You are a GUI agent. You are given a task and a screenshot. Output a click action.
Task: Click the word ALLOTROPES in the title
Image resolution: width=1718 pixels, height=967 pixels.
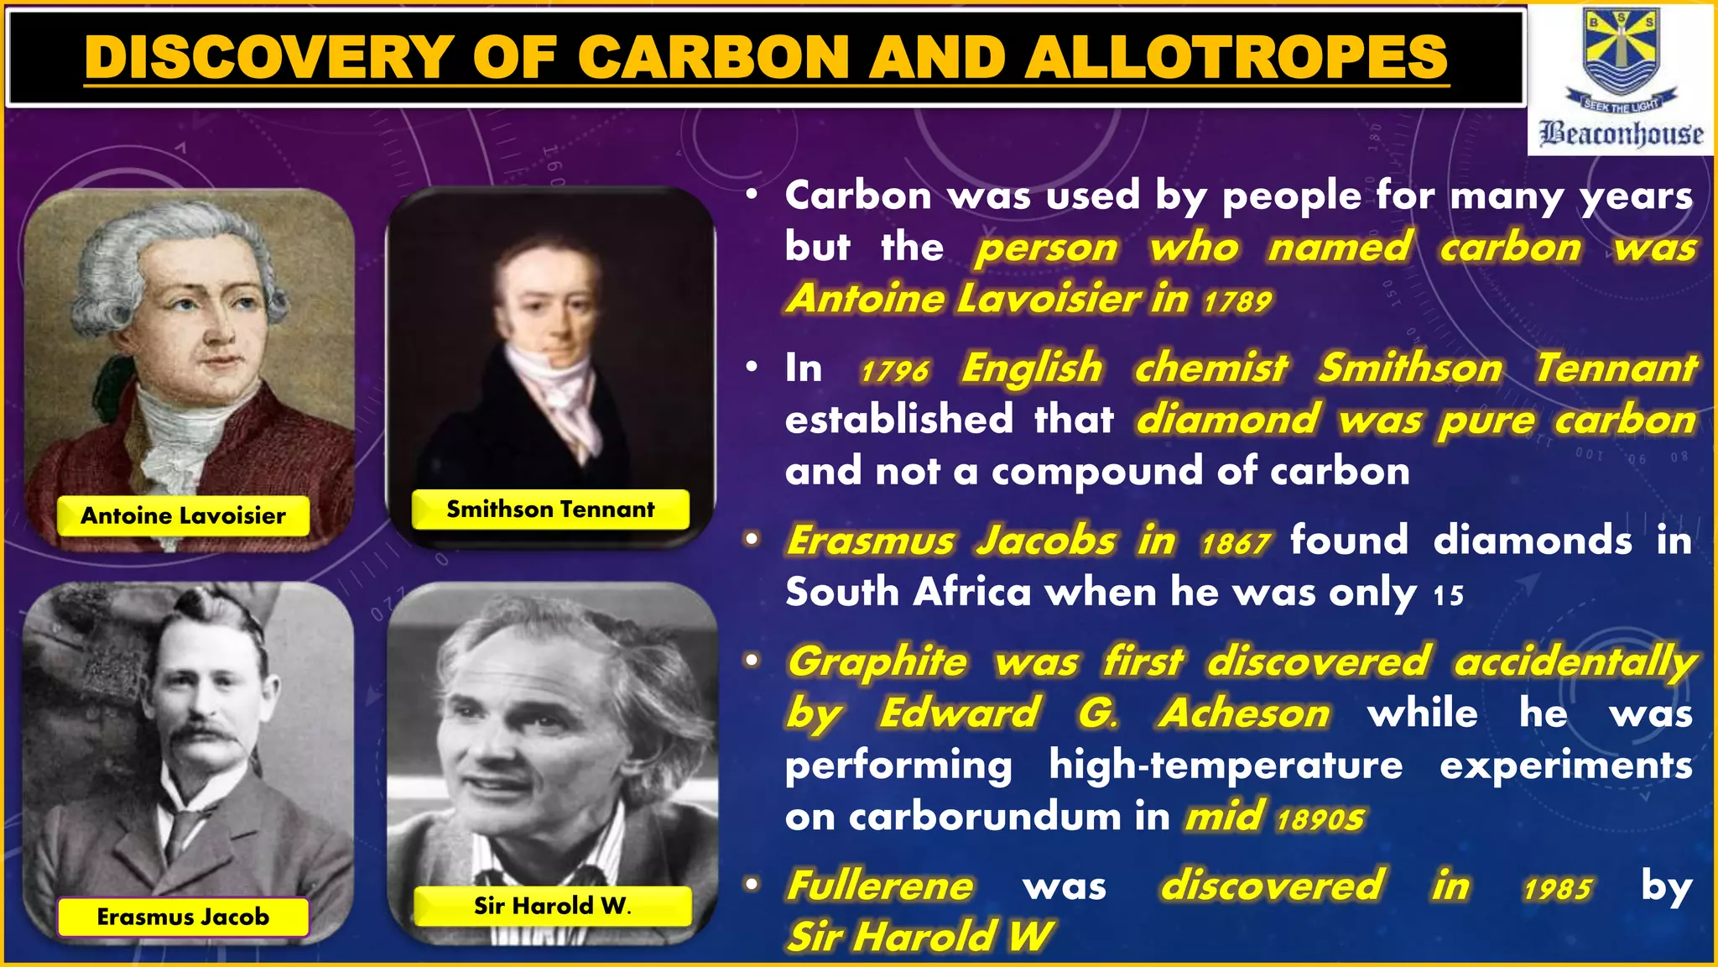1236,57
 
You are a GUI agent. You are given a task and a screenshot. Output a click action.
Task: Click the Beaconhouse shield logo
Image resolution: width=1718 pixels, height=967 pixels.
1620,52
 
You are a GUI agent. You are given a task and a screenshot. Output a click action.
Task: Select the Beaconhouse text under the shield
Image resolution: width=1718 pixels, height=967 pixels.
1621,133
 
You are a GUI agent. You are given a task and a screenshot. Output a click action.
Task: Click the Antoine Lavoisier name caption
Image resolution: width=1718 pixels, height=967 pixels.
183,515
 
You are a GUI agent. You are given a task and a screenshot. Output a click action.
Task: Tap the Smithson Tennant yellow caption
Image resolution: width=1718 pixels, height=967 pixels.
550,510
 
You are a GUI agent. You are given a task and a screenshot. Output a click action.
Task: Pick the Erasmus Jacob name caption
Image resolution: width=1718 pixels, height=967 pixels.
183,917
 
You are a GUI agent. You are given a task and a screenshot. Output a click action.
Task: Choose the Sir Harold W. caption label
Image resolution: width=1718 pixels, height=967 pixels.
552,906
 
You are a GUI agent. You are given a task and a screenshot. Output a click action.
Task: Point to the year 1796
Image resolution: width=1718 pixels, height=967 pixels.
894,371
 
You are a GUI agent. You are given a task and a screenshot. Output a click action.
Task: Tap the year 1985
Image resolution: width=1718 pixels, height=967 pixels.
1557,889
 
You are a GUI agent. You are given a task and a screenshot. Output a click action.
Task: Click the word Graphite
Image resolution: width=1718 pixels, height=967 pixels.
877,661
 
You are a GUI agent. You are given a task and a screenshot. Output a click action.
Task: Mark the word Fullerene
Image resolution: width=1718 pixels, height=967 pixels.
880,886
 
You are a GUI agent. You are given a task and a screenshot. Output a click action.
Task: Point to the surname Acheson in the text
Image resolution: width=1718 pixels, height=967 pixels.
1244,713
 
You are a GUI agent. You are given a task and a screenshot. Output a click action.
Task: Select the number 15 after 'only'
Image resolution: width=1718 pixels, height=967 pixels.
1448,596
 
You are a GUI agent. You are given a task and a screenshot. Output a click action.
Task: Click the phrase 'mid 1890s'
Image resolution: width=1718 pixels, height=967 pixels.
1275,817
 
